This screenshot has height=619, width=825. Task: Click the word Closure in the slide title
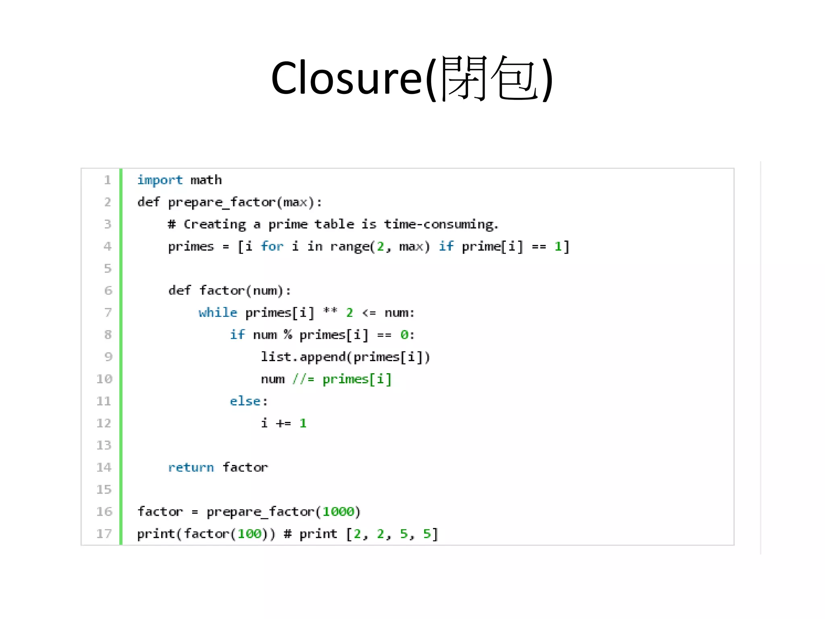click(346, 78)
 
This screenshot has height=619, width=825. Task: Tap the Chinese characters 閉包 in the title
click(489, 78)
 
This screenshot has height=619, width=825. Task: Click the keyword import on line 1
click(160, 180)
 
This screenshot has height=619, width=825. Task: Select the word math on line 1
click(206, 180)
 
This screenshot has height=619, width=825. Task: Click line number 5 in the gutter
click(108, 268)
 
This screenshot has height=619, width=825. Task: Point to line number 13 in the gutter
click(104, 445)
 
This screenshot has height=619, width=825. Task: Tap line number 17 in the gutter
click(104, 534)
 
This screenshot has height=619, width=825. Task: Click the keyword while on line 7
click(218, 313)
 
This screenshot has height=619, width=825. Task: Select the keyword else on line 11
click(245, 401)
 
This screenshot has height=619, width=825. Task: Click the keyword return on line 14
click(191, 467)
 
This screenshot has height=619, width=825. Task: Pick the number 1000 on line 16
click(338, 511)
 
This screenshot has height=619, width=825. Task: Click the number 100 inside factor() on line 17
click(249, 534)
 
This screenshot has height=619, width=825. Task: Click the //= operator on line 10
click(303, 379)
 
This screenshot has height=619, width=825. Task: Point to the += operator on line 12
click(284, 423)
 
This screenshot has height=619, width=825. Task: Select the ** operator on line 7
click(330, 311)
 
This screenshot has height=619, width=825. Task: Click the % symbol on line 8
click(288, 334)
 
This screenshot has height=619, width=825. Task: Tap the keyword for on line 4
click(272, 246)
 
